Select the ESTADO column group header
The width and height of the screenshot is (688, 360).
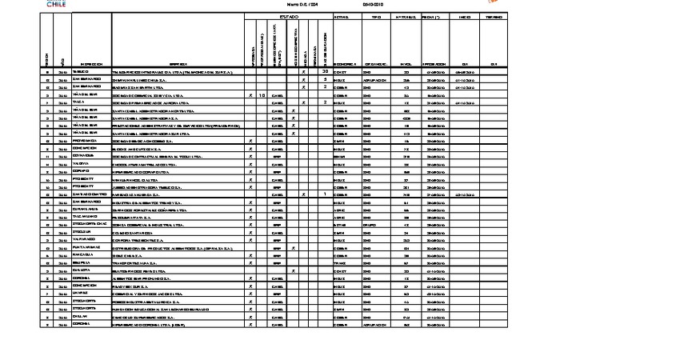click(288, 16)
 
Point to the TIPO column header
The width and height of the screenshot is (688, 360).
click(376, 16)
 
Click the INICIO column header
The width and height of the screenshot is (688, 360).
click(465, 16)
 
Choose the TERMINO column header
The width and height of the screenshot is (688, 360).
click(494, 16)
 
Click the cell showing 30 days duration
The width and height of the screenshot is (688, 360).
click(325, 72)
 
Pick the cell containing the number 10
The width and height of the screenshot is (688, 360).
click(262, 95)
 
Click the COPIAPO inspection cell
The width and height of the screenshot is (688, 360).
click(81, 171)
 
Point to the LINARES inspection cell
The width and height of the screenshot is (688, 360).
click(80, 293)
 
